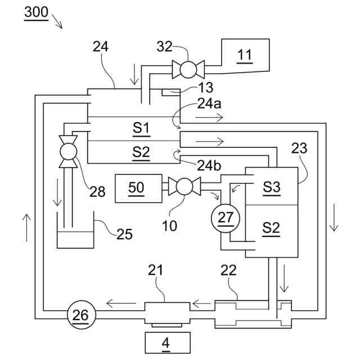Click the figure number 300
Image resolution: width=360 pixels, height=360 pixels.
pyautogui.click(x=36, y=12)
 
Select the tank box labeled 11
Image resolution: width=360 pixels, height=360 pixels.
pyautogui.click(x=245, y=56)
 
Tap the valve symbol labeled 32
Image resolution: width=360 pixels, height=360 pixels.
pyautogui.click(x=188, y=69)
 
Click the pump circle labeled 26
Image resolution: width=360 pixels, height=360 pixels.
pyautogui.click(x=81, y=315)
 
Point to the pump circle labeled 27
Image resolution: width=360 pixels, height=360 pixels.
pyautogui.click(x=226, y=218)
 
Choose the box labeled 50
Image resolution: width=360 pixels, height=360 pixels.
pyautogui.click(x=138, y=188)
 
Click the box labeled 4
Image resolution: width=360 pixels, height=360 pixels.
pyautogui.click(x=168, y=343)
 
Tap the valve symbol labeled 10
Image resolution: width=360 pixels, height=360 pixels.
pyautogui.click(x=184, y=186)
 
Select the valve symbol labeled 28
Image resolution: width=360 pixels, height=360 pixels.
pyautogui.click(x=68, y=151)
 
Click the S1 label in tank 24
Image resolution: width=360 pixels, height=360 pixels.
pyautogui.click(x=141, y=129)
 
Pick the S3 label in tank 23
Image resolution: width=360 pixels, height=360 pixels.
pyautogui.click(x=272, y=187)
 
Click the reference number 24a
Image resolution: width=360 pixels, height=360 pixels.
pyautogui.click(x=209, y=103)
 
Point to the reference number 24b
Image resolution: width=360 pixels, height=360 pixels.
pyautogui.click(x=209, y=165)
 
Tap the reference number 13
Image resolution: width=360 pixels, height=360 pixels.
pyautogui.click(x=205, y=88)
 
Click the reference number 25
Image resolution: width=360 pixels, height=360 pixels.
pyautogui.click(x=124, y=235)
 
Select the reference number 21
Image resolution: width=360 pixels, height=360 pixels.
pyautogui.click(x=155, y=270)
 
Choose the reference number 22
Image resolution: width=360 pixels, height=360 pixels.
pyautogui.click(x=228, y=270)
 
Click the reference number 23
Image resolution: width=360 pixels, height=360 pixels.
pyautogui.click(x=299, y=148)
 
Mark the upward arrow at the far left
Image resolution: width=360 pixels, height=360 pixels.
pyautogui.click(x=26, y=228)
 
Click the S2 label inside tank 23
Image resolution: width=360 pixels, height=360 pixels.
pyautogui.click(x=271, y=229)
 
